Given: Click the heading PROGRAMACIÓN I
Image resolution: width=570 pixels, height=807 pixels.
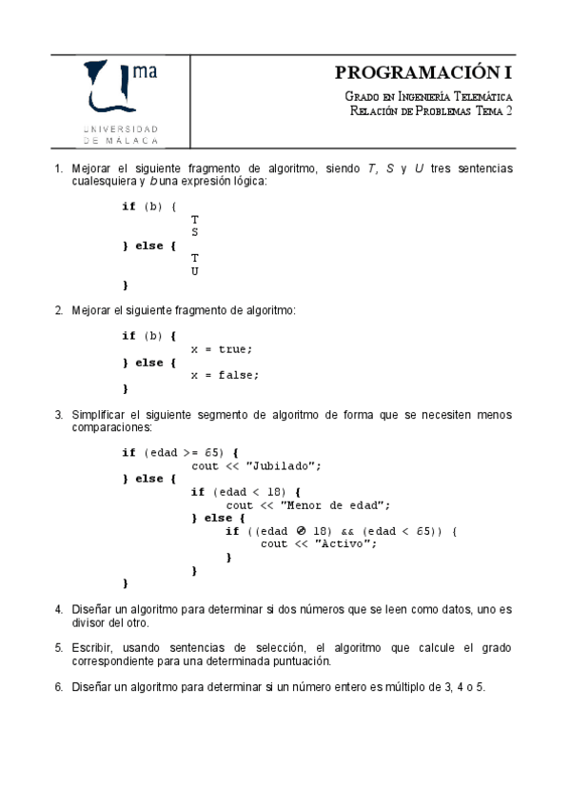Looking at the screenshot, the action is pyautogui.click(x=423, y=73).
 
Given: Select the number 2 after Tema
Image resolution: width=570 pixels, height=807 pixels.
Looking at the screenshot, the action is pyautogui.click(x=509, y=111).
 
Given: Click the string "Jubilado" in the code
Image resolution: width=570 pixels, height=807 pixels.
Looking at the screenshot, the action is pyautogui.click(x=284, y=465).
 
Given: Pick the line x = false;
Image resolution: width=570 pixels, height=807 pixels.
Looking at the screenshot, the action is pyautogui.click(x=225, y=375).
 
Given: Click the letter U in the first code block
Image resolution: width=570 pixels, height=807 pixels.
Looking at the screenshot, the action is pyautogui.click(x=194, y=271).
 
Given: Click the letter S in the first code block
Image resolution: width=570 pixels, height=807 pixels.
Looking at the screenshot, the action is pyautogui.click(x=194, y=231).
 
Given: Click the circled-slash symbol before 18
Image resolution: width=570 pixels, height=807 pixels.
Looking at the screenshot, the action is pyautogui.click(x=297, y=531).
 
